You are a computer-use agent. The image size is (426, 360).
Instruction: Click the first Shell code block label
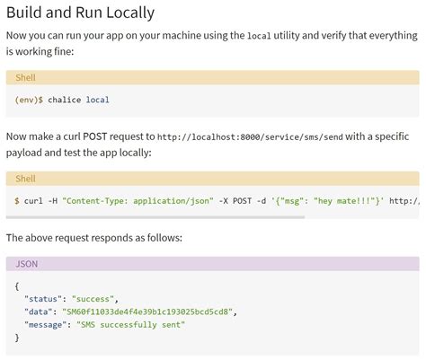(x=25, y=78)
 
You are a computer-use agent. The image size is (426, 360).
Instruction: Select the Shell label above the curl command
(x=25, y=179)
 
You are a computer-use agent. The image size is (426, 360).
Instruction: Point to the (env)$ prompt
(x=29, y=100)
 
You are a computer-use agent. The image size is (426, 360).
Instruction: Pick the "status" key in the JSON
(x=45, y=297)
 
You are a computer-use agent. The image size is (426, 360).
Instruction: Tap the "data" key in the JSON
(x=40, y=311)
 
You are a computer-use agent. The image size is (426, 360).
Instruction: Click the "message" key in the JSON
(x=48, y=324)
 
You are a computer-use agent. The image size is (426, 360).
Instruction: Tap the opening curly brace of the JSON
(x=18, y=284)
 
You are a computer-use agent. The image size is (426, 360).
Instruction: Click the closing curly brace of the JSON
(x=18, y=338)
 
